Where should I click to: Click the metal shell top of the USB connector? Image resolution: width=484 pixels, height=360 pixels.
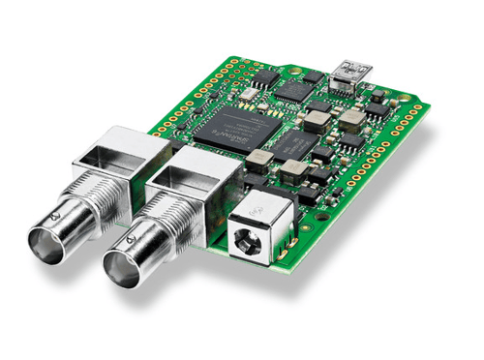pyautogui.click(x=349, y=66)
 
